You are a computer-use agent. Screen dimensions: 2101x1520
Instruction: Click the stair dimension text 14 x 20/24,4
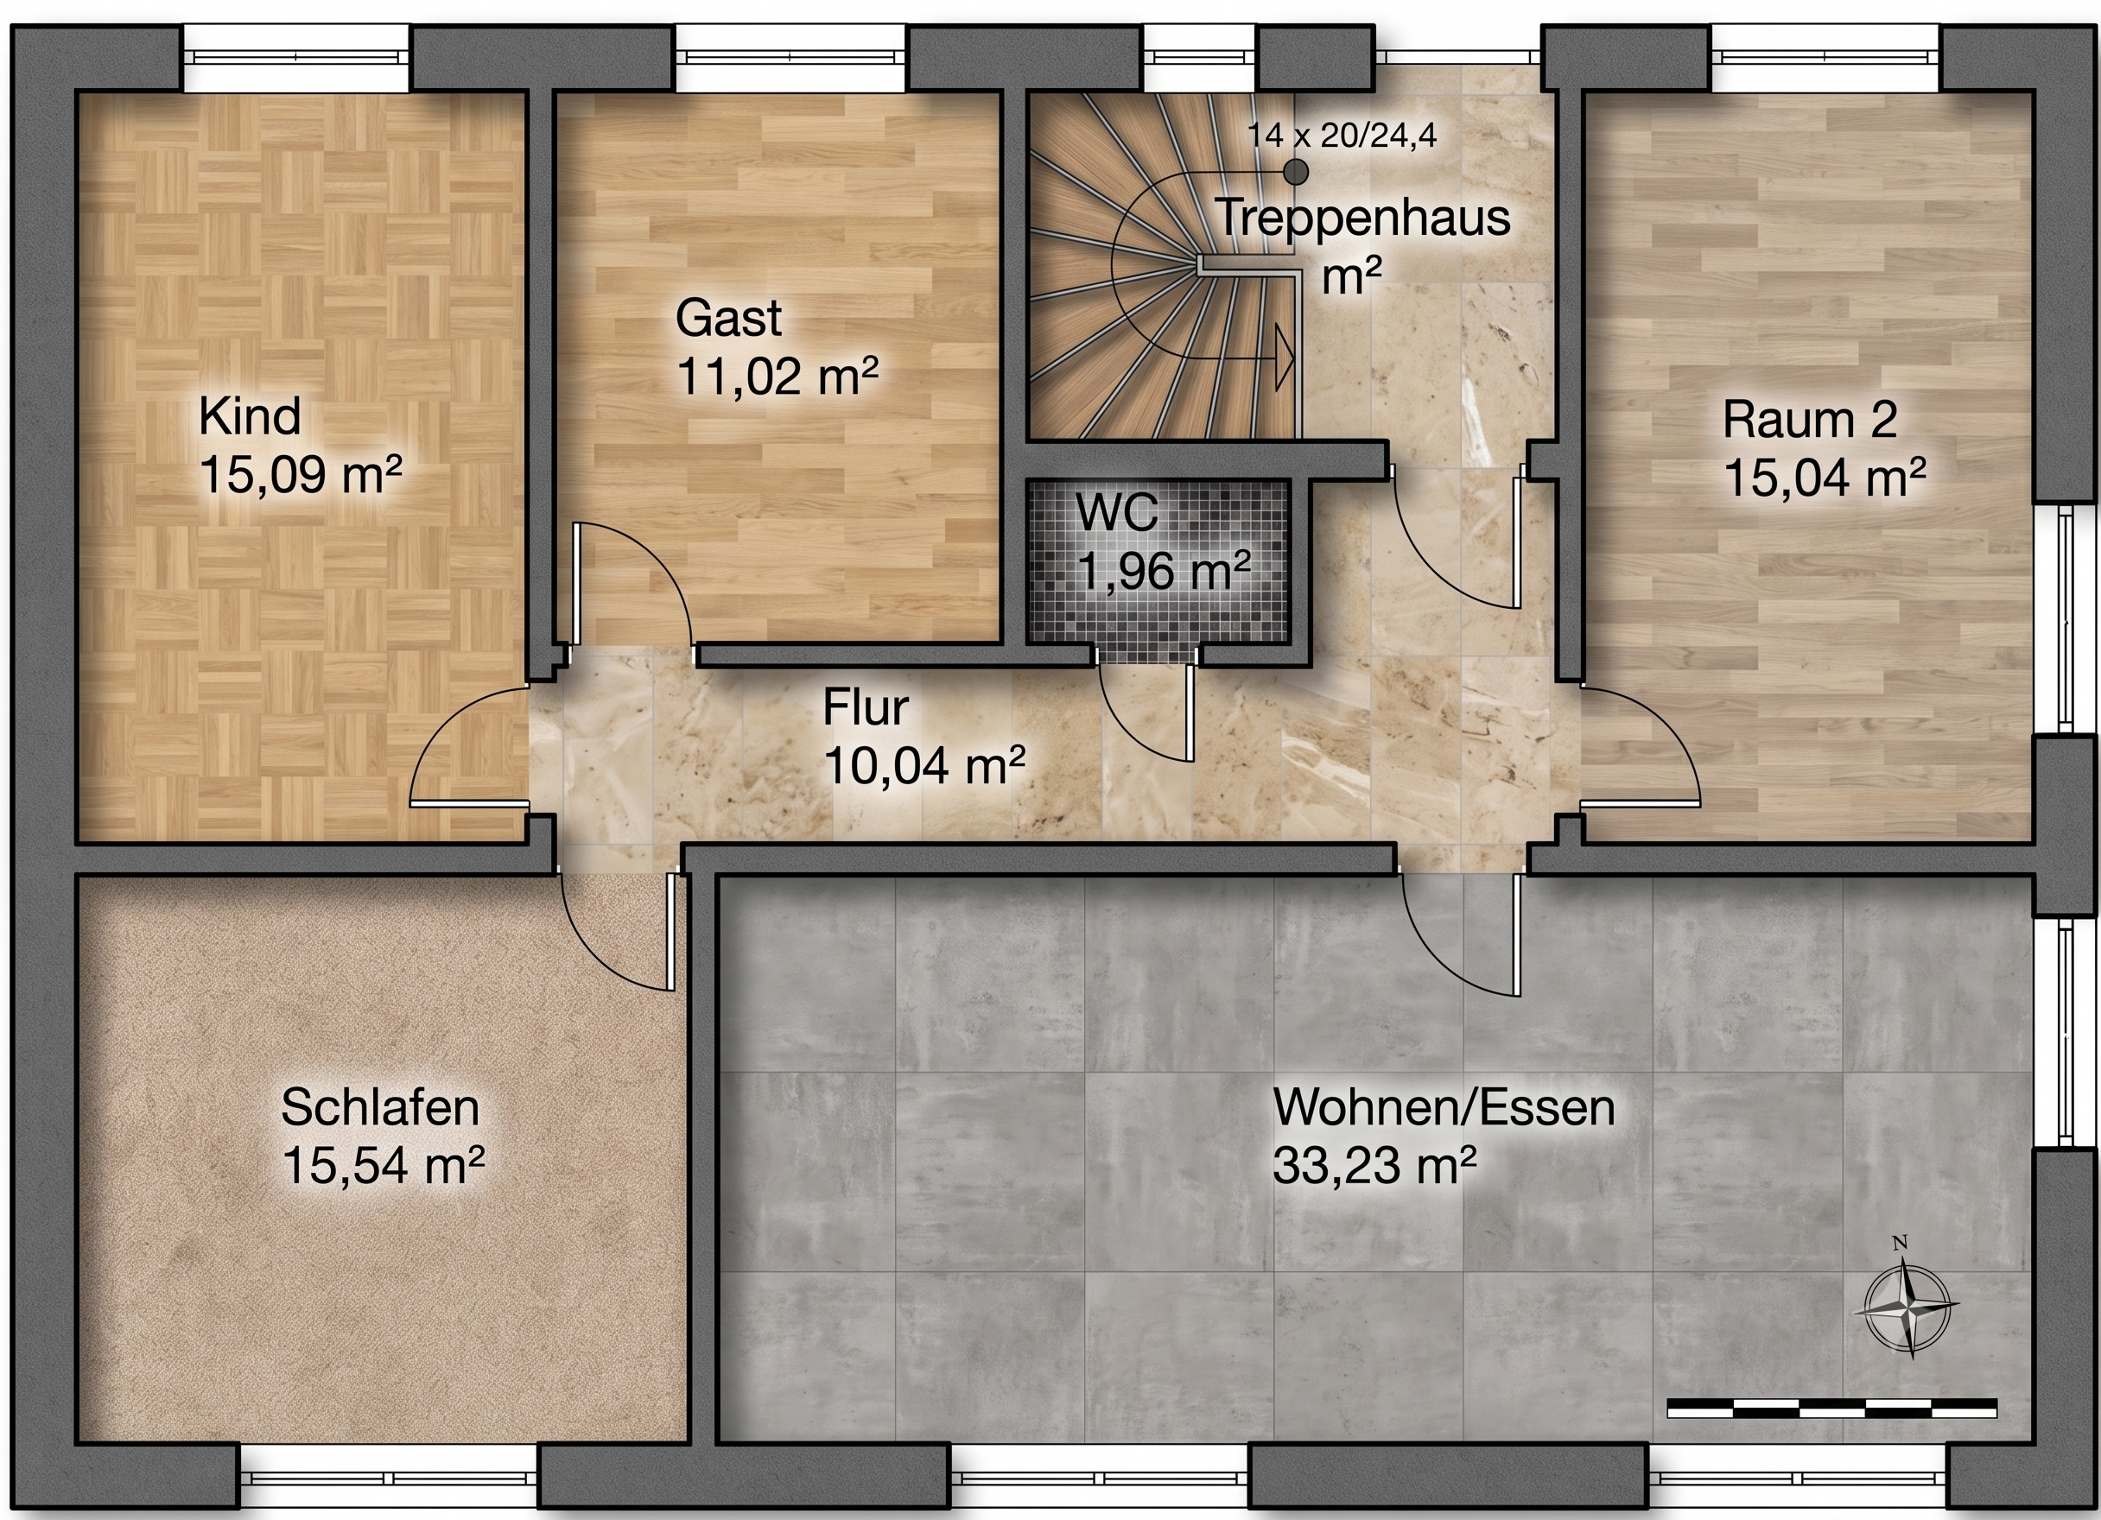tap(1342, 136)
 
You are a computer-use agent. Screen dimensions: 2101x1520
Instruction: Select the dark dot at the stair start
tap(1295, 171)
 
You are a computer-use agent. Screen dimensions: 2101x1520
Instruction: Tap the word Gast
tap(728, 318)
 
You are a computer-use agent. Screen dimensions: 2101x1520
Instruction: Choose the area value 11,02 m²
tap(778, 375)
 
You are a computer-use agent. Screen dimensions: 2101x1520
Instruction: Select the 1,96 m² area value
tap(1165, 571)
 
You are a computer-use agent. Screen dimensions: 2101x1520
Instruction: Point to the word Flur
tap(866, 708)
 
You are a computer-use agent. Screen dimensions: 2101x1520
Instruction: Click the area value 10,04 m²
tap(924, 766)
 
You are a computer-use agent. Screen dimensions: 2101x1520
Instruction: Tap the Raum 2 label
tap(1809, 420)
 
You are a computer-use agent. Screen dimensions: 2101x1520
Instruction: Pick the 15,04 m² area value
tap(1824, 478)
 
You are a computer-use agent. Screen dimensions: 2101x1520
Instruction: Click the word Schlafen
tap(380, 1108)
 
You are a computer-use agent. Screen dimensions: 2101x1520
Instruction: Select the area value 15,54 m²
tap(384, 1165)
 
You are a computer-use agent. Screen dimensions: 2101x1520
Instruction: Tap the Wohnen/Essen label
tap(1444, 1108)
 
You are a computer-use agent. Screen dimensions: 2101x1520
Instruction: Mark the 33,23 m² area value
tap(1374, 1165)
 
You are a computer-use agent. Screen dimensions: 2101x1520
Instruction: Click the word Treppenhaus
tap(1362, 218)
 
